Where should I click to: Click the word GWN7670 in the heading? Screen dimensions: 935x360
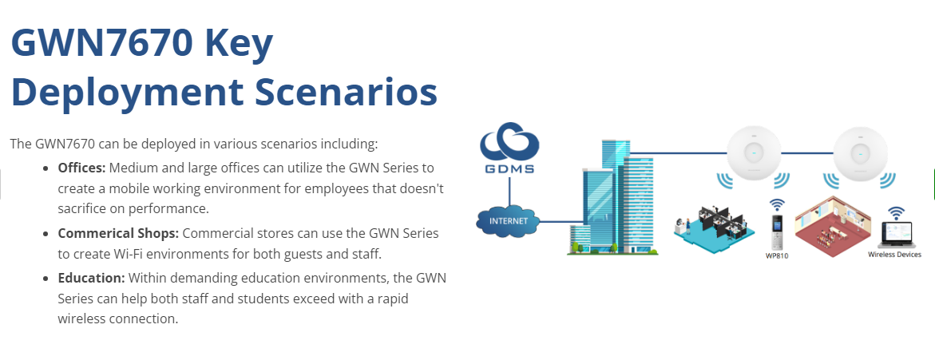[x=101, y=44]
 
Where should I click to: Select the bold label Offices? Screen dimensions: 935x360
[x=81, y=168]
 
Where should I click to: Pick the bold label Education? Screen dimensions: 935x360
[x=91, y=278]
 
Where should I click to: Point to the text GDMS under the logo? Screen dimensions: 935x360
[x=509, y=168]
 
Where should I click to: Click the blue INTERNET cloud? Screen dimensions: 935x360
[x=509, y=220]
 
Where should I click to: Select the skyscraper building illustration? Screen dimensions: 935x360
[x=612, y=197]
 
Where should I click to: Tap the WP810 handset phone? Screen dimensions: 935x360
[x=776, y=232]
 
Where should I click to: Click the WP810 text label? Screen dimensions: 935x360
[x=777, y=256]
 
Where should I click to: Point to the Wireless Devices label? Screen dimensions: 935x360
[x=894, y=255]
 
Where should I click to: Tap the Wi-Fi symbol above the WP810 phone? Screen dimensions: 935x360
[x=776, y=205]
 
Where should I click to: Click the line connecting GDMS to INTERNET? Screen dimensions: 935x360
[x=509, y=190]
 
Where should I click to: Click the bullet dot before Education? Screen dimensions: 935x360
[x=46, y=279]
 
